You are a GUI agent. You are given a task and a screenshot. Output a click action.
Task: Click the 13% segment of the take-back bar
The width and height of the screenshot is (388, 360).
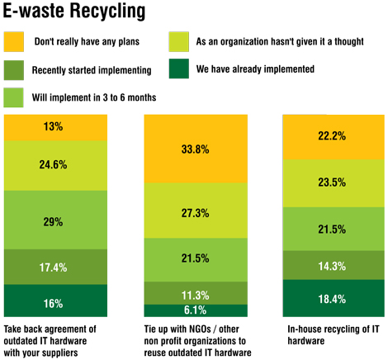click(x=52, y=127)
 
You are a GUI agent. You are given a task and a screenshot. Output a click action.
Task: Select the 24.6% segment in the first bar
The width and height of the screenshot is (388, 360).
click(x=52, y=164)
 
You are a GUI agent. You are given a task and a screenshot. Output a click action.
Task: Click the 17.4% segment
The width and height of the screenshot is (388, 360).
click(x=52, y=267)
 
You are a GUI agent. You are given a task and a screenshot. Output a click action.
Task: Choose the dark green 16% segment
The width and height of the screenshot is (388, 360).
click(x=52, y=303)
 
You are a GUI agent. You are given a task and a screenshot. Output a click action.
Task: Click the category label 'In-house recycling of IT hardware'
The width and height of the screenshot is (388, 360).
click(x=325, y=334)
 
